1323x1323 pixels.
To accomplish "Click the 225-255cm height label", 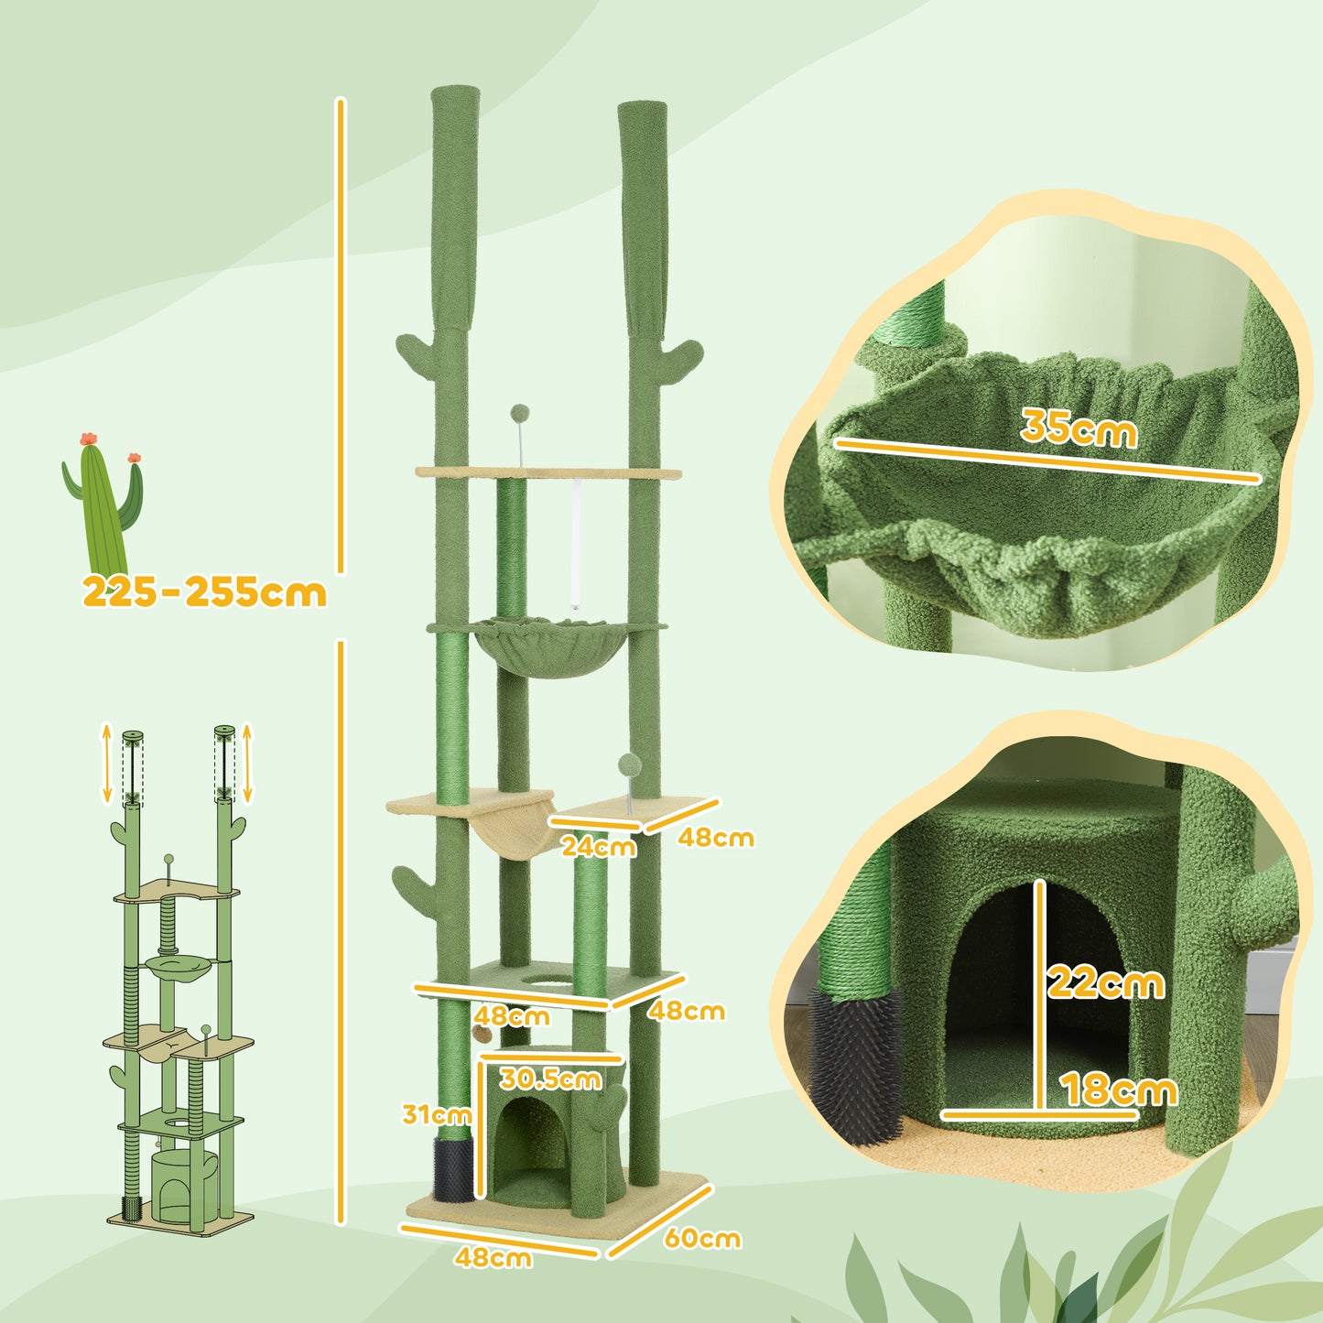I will point(204,592).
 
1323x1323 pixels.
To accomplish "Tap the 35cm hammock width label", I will point(1079,427).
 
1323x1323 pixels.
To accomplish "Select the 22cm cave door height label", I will point(1106,982).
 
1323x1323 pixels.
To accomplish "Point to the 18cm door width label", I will point(1119,1090).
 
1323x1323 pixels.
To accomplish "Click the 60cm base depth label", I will point(702,1238).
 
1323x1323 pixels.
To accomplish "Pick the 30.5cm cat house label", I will point(551,1079).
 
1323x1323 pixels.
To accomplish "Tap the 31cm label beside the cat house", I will point(437,1114).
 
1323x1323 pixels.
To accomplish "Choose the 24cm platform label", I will point(599,846).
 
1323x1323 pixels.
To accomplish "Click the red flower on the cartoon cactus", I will point(89,439).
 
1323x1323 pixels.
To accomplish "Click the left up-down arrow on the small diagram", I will point(106,761).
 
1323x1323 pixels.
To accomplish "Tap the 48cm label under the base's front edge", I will point(493,1257).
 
